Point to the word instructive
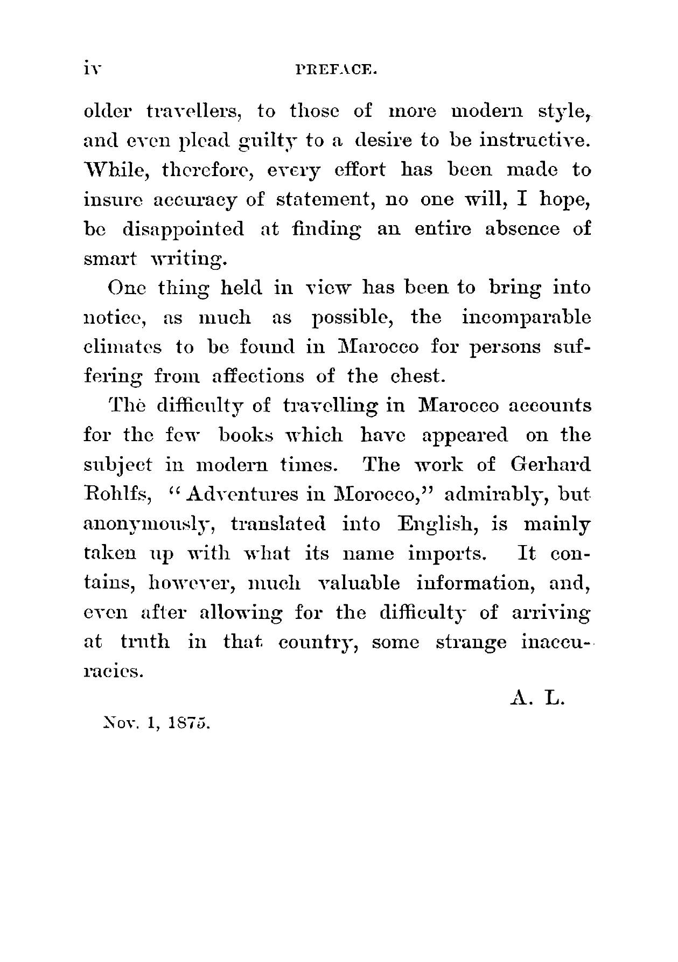tap(532, 141)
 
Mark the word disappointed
tap(183, 229)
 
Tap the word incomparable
tap(526, 318)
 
